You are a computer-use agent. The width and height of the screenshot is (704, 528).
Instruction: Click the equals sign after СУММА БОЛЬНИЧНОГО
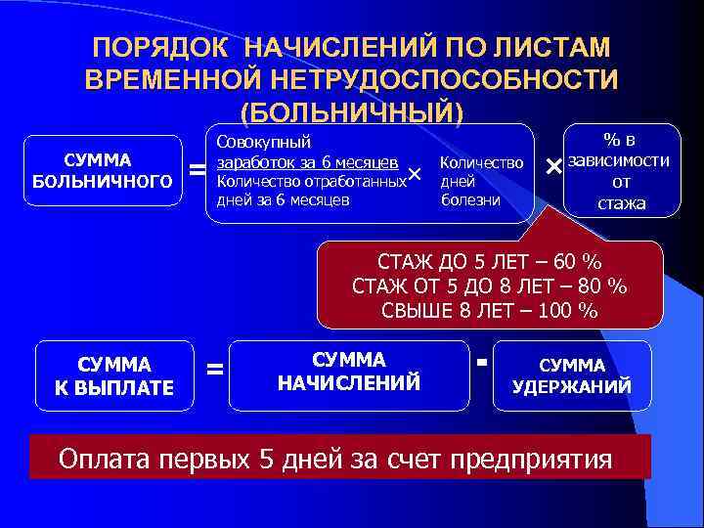pos(197,172)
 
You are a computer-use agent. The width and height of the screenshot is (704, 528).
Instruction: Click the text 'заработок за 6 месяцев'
pos(306,161)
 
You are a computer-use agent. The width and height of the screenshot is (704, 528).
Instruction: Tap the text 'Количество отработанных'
pos(311,181)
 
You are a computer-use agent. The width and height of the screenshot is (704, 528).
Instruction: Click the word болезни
pos(471,200)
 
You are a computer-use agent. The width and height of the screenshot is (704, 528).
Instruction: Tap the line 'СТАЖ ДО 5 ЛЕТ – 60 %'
pos(489,263)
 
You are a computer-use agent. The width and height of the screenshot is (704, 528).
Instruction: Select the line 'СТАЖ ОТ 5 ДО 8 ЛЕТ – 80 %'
pos(489,286)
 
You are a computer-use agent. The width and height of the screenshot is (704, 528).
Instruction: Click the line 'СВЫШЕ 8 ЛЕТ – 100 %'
pos(489,311)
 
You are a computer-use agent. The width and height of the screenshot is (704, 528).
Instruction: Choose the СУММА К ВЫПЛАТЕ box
pos(114,375)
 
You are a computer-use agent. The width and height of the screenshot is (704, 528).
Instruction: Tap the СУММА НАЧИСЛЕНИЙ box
pos(349,372)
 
